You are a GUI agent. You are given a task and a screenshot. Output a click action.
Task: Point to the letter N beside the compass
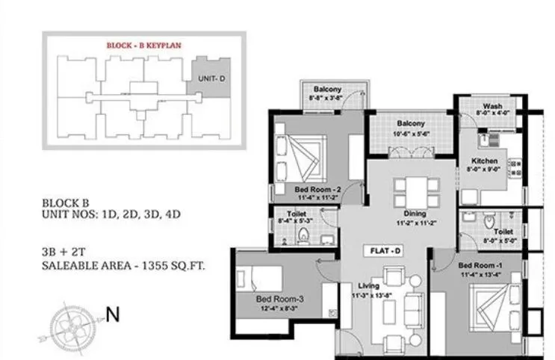pos(113,315)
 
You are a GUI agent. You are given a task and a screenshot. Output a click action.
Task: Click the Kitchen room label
pos(484,161)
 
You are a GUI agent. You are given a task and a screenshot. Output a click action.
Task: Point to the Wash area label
pos(492,106)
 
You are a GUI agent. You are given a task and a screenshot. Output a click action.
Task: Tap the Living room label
pos(368,285)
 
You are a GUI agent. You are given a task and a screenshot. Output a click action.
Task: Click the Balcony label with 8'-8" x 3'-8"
pos(327,88)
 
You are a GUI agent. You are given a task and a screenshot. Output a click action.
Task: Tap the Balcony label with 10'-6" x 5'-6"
pos(410,123)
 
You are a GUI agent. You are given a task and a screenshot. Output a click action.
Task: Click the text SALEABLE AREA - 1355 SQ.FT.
pos(123,265)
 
